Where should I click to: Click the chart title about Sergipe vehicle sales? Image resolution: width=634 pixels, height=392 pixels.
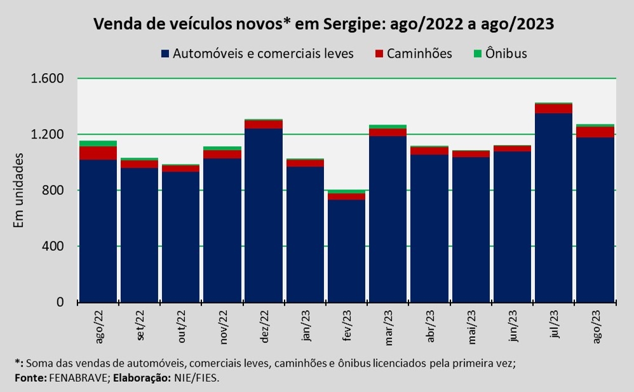[323, 25]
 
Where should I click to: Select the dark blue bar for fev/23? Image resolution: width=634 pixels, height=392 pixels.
[346, 251]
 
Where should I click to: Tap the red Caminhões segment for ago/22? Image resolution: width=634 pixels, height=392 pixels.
[98, 152]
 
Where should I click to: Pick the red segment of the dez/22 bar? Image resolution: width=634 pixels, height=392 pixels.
[263, 124]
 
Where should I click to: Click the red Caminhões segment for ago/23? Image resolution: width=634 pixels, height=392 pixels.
[595, 132]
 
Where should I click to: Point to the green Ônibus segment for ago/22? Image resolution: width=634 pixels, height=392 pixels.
[98, 144]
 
